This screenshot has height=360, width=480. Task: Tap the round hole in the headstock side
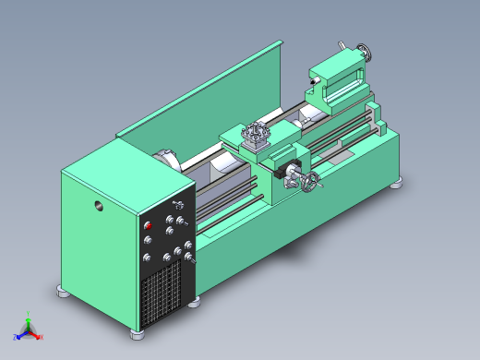click(x=98, y=206)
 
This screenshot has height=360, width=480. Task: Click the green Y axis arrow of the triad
click(x=30, y=318)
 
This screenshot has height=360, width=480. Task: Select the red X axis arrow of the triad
click(x=39, y=337)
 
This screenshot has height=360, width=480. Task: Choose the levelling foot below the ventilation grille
click(x=194, y=301)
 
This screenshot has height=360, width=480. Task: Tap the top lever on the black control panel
click(x=180, y=205)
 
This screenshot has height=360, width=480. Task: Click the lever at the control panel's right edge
click(x=191, y=261)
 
